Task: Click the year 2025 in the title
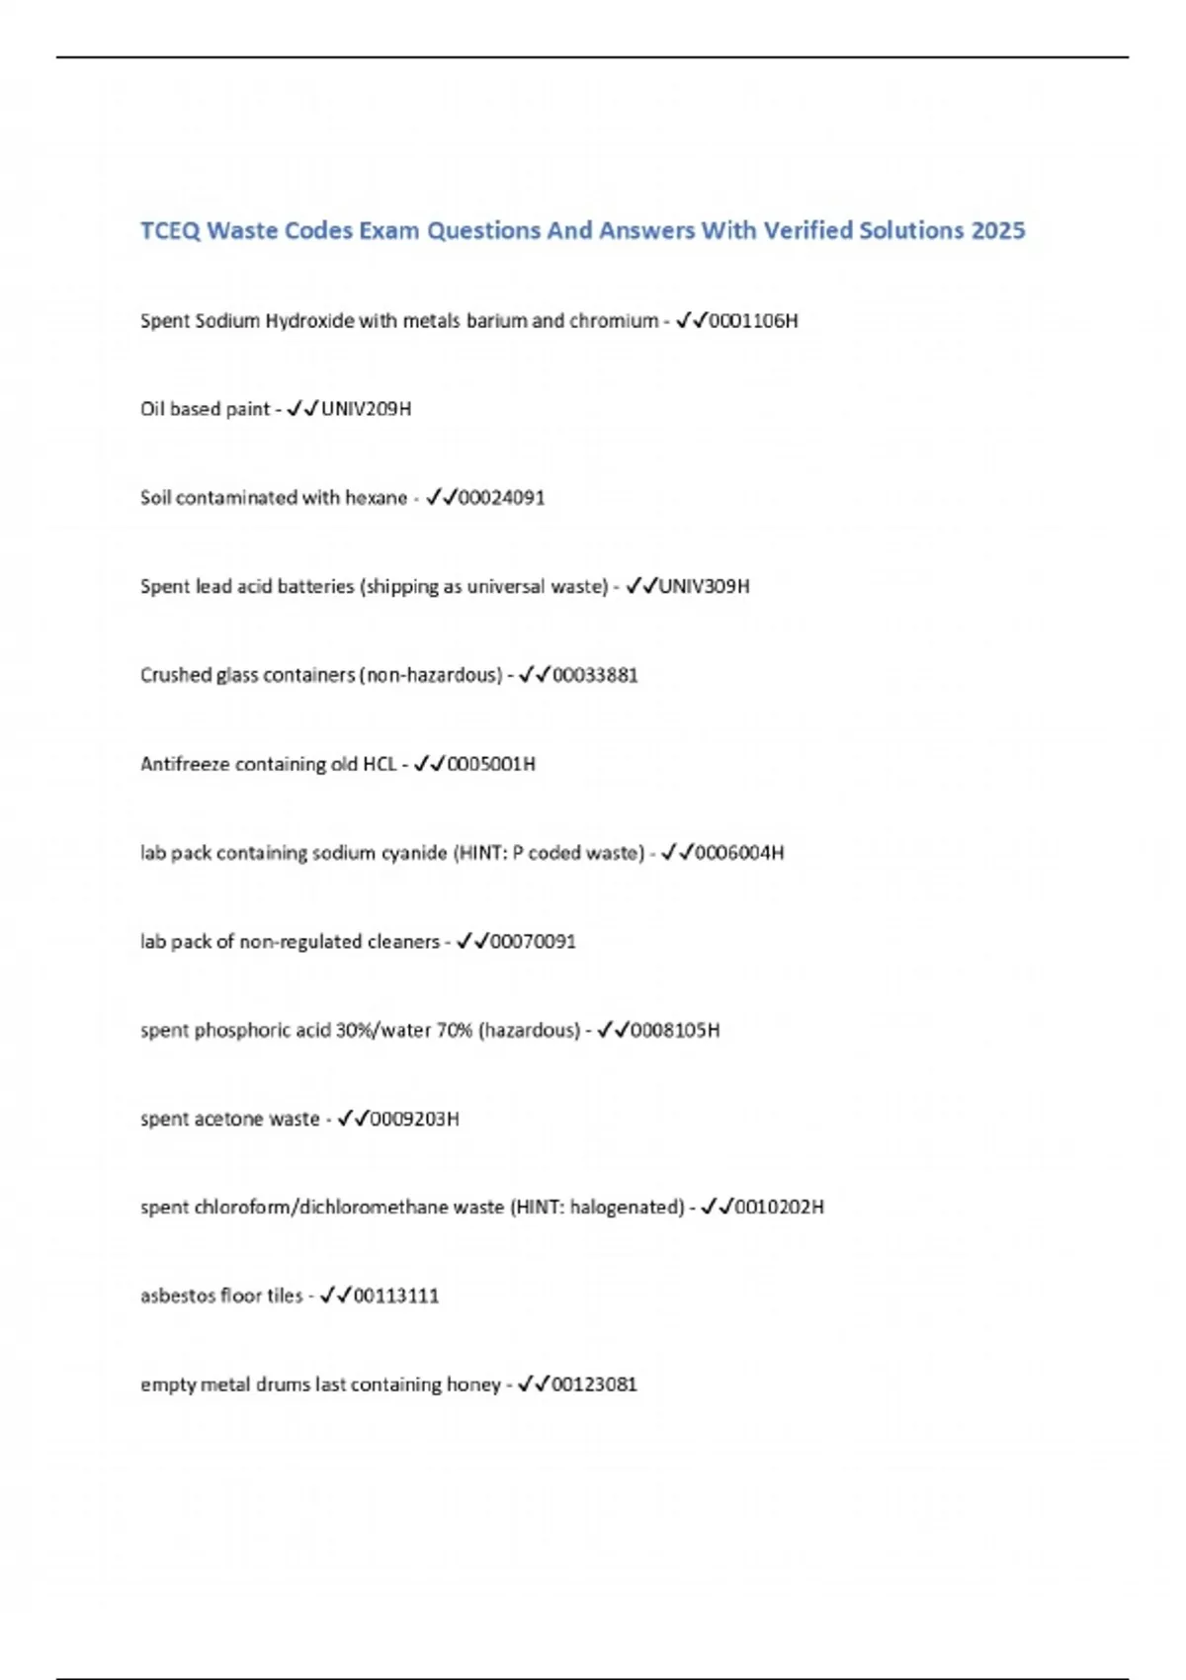[998, 230]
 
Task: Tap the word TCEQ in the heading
[170, 230]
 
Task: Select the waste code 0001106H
[753, 320]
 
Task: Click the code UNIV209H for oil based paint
[366, 408]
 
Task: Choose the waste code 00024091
[501, 497]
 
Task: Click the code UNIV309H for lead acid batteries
[704, 586]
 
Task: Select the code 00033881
[595, 675]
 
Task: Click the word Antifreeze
[184, 764]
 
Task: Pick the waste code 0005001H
[491, 764]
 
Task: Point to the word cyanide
[414, 853]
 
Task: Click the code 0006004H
[739, 853]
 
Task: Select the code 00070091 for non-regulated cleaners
[533, 941]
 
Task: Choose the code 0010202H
[779, 1207]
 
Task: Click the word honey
[473, 1385]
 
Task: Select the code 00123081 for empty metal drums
[594, 1385]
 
